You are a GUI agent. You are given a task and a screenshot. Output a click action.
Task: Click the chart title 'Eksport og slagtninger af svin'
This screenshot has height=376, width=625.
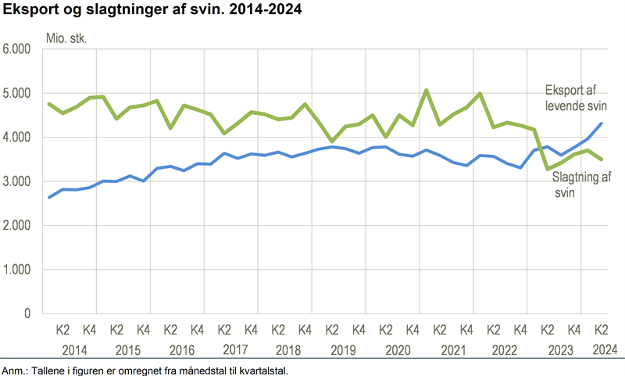(154, 11)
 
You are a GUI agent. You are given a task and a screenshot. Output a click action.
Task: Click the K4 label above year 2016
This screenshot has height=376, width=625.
(197, 330)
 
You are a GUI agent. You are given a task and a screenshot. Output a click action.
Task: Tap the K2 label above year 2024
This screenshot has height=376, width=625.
(601, 330)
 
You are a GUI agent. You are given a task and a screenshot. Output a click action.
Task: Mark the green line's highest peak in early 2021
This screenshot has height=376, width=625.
(427, 90)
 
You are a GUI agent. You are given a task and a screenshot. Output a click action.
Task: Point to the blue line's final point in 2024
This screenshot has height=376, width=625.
(601, 124)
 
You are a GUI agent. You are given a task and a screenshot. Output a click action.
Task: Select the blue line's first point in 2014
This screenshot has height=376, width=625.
(49, 197)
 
